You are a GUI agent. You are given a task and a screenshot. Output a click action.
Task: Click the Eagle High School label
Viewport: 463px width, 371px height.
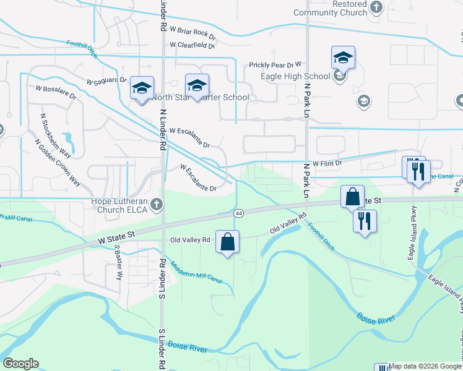pyautogui.click(x=300, y=76)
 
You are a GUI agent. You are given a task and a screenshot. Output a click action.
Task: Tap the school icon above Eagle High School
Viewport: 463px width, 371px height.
pyautogui.click(x=343, y=58)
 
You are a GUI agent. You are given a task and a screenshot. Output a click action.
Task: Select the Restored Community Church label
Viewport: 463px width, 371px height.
pyautogui.click(x=330, y=8)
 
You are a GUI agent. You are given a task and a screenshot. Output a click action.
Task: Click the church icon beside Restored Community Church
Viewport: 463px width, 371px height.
pyautogui.click(x=376, y=7)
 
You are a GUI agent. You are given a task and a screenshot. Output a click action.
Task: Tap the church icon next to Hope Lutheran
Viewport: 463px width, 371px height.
pyautogui.click(x=157, y=203)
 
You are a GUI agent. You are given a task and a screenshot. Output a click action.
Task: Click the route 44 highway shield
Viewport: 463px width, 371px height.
pyautogui.click(x=238, y=213)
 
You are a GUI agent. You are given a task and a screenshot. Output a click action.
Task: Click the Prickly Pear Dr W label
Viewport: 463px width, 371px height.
pyautogui.click(x=275, y=64)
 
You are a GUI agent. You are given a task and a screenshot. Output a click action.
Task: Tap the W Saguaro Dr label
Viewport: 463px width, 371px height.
pyautogui.click(x=106, y=81)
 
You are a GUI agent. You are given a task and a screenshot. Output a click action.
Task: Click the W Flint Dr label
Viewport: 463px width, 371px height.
pyautogui.click(x=327, y=163)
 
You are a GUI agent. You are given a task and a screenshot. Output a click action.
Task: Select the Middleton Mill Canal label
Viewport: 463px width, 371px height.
pyautogui.click(x=196, y=271)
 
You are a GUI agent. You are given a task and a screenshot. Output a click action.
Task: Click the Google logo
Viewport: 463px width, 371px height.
pyautogui.click(x=20, y=364)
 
